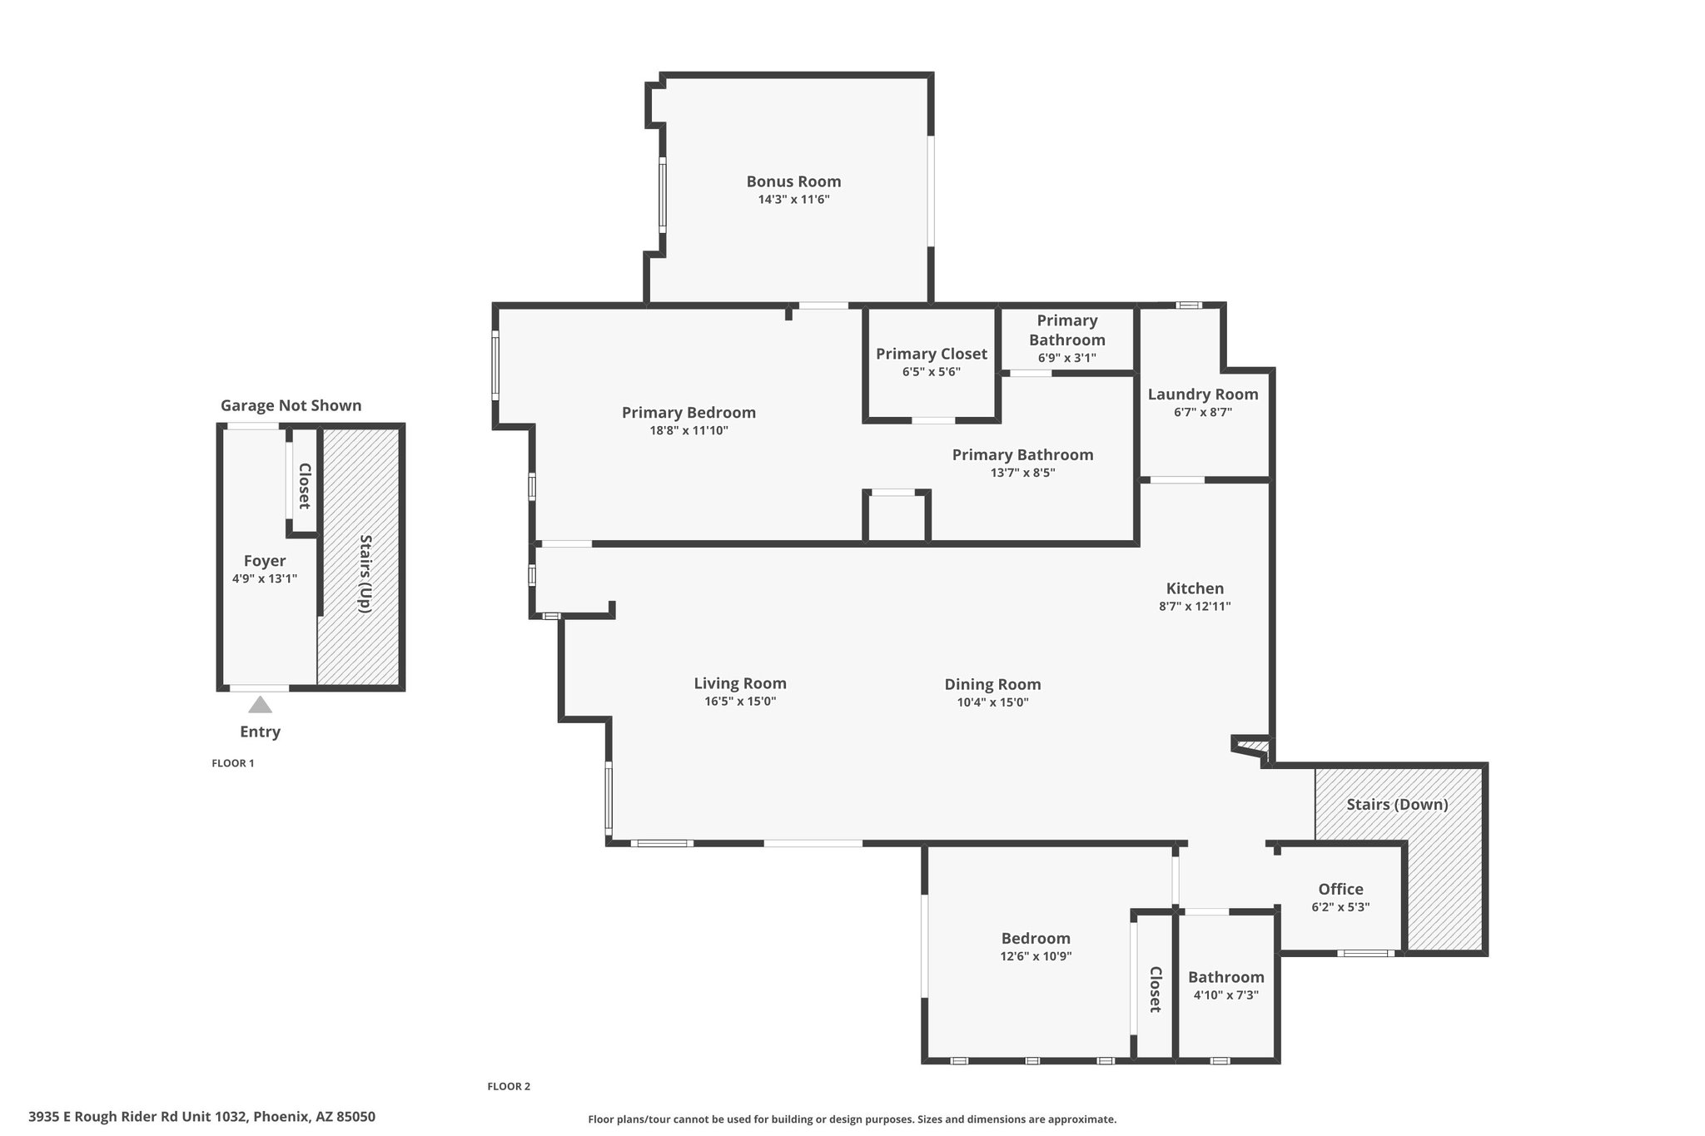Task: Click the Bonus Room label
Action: [x=793, y=181]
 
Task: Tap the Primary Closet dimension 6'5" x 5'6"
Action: [x=932, y=372]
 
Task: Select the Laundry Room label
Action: [x=1203, y=394]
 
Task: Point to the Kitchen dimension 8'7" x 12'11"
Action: [x=1195, y=607]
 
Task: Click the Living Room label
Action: [x=740, y=684]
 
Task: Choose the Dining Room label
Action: [x=992, y=685]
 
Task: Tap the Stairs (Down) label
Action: [x=1398, y=805]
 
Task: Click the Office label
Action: [x=1341, y=890]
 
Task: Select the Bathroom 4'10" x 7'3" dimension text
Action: [x=1225, y=995]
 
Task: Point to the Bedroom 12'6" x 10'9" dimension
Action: [x=1036, y=957]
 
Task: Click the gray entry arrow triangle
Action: [x=261, y=706]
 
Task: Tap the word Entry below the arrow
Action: [x=260, y=732]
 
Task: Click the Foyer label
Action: [x=265, y=561]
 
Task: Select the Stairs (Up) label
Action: [x=365, y=573]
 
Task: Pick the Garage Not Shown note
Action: [x=291, y=406]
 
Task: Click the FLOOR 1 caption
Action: [x=233, y=763]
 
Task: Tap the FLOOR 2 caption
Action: [x=509, y=1086]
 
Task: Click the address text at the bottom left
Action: [x=201, y=1117]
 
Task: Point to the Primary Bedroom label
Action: [x=688, y=413]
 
